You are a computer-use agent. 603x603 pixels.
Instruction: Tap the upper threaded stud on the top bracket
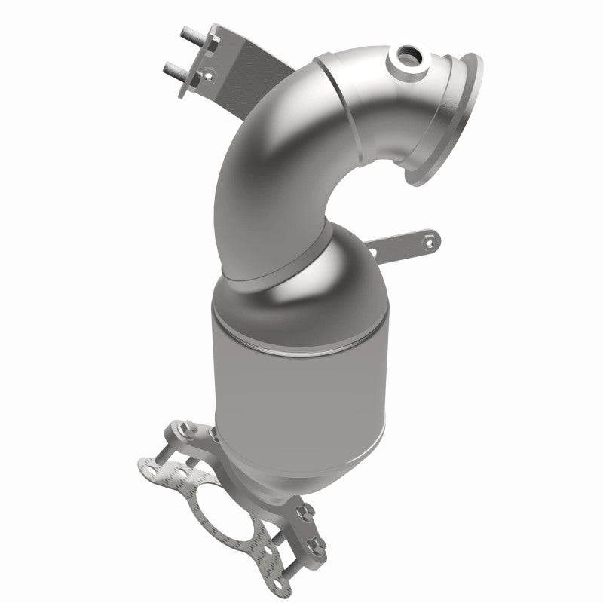(x=188, y=35)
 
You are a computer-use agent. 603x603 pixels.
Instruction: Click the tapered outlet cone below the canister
(x=301, y=452)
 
